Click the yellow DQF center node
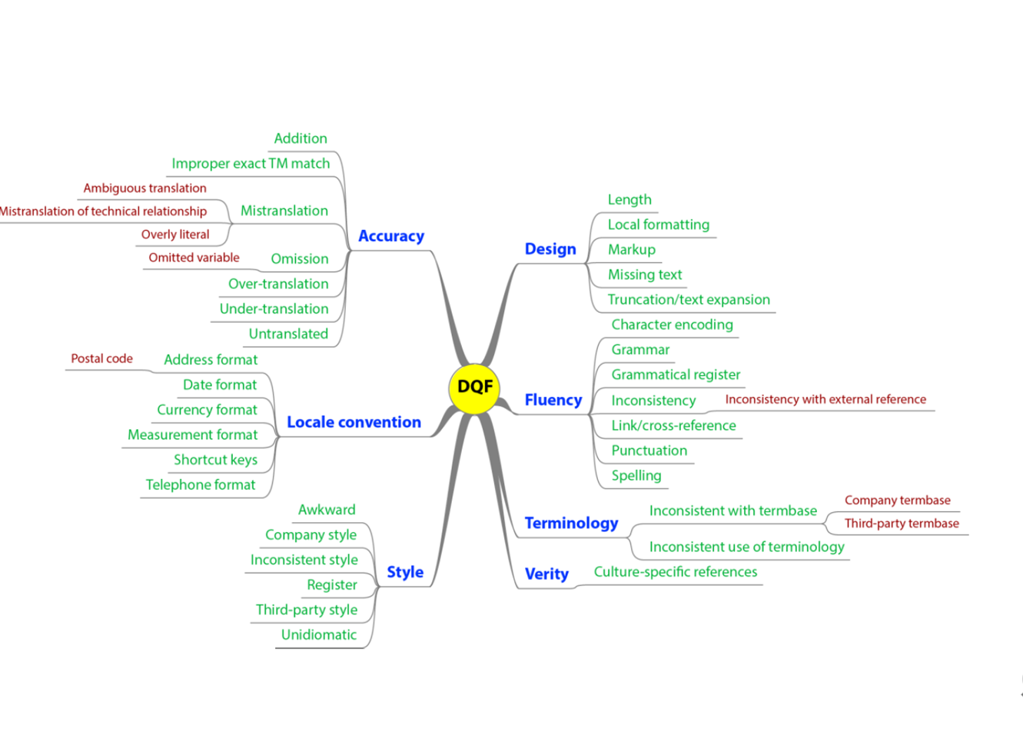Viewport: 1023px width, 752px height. coord(474,387)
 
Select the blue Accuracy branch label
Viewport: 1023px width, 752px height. coord(391,236)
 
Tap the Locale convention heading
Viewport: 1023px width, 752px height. coord(354,422)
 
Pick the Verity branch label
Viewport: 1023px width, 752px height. coord(546,574)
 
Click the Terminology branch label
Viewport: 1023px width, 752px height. coord(571,523)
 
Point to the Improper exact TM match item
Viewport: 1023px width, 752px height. coord(251,163)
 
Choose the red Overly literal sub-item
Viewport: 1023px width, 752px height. coord(175,235)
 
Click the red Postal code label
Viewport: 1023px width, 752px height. coord(101,358)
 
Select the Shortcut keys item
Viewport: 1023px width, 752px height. coord(215,460)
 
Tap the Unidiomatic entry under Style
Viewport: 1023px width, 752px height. coord(319,634)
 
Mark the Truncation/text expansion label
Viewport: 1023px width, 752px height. coord(689,300)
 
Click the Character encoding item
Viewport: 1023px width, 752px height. coord(672,324)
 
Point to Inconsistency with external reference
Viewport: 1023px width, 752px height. coord(825,399)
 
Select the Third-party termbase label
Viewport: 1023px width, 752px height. coord(902,524)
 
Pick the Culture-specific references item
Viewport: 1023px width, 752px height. coord(675,572)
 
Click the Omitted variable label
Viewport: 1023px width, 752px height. coord(194,258)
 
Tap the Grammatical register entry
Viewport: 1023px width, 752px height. coord(676,374)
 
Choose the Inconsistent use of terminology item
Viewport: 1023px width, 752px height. coord(746,547)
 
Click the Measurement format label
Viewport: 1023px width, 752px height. coord(192,434)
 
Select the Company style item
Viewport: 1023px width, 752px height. coord(311,534)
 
